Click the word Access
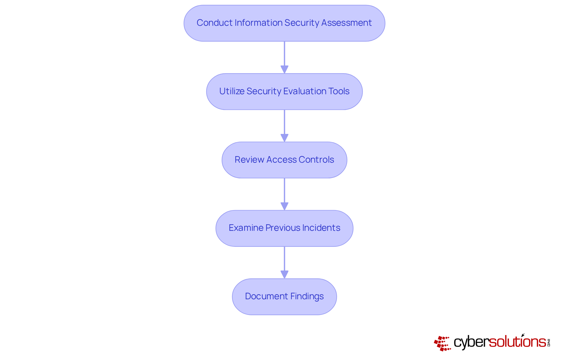281,160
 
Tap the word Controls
316,160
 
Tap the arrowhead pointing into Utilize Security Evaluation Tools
284,70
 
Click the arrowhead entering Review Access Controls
284,138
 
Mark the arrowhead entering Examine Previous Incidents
284,206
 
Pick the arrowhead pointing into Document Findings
284,275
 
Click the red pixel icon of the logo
442,343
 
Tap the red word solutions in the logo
517,342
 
